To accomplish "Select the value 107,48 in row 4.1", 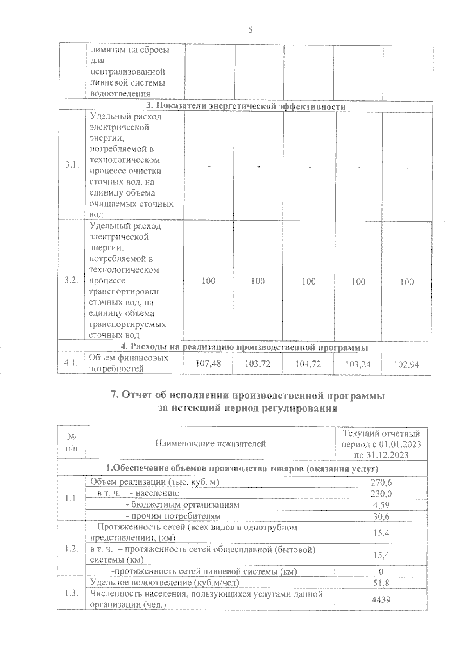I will (x=208, y=364).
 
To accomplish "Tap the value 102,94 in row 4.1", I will (x=406, y=365).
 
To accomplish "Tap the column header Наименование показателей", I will (x=210, y=444).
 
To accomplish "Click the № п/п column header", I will (x=72, y=444).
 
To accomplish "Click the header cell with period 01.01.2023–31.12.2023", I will (x=381, y=444).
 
